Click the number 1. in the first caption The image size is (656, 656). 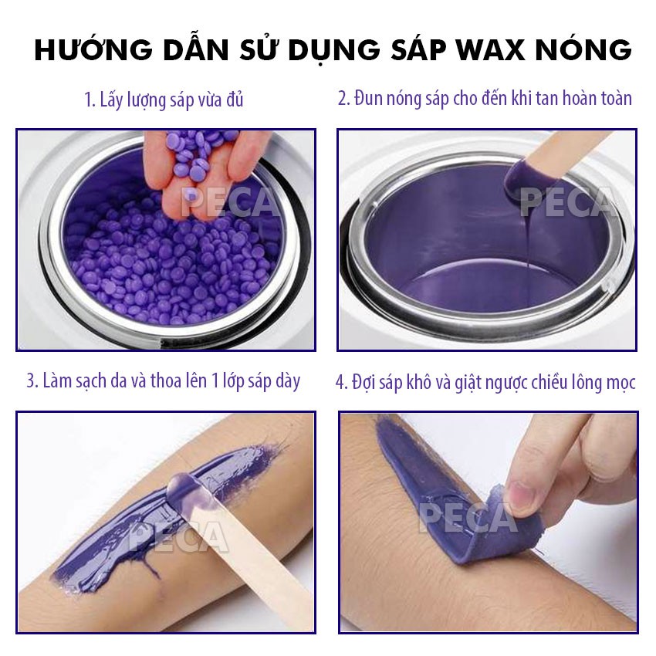click(x=90, y=100)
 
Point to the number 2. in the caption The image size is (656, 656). click(x=343, y=99)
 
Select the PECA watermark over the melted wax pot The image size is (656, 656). click(x=567, y=202)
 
